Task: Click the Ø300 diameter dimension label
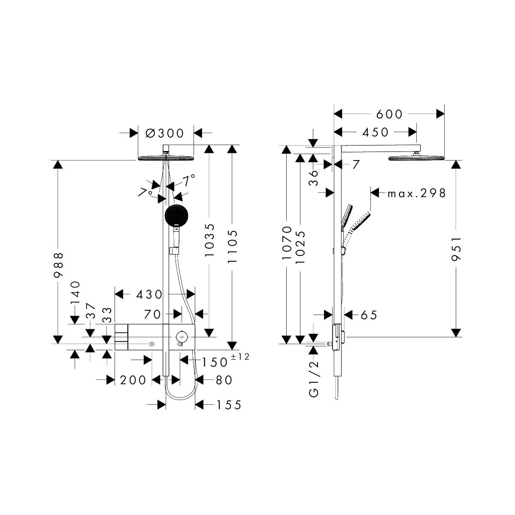click(165, 133)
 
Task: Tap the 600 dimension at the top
click(389, 115)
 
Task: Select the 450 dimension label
click(375, 132)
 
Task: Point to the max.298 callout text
click(417, 193)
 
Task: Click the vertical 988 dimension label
click(58, 265)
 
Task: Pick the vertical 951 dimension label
click(456, 248)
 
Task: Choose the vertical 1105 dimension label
click(232, 246)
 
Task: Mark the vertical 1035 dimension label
click(209, 240)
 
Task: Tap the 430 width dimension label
click(149, 294)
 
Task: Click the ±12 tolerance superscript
click(240, 357)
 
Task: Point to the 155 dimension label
click(229, 405)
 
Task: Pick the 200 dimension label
click(133, 380)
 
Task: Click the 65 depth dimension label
click(369, 315)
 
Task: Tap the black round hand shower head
click(177, 215)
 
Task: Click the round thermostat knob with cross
click(182, 335)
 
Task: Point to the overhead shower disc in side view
click(416, 158)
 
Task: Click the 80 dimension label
click(224, 380)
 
